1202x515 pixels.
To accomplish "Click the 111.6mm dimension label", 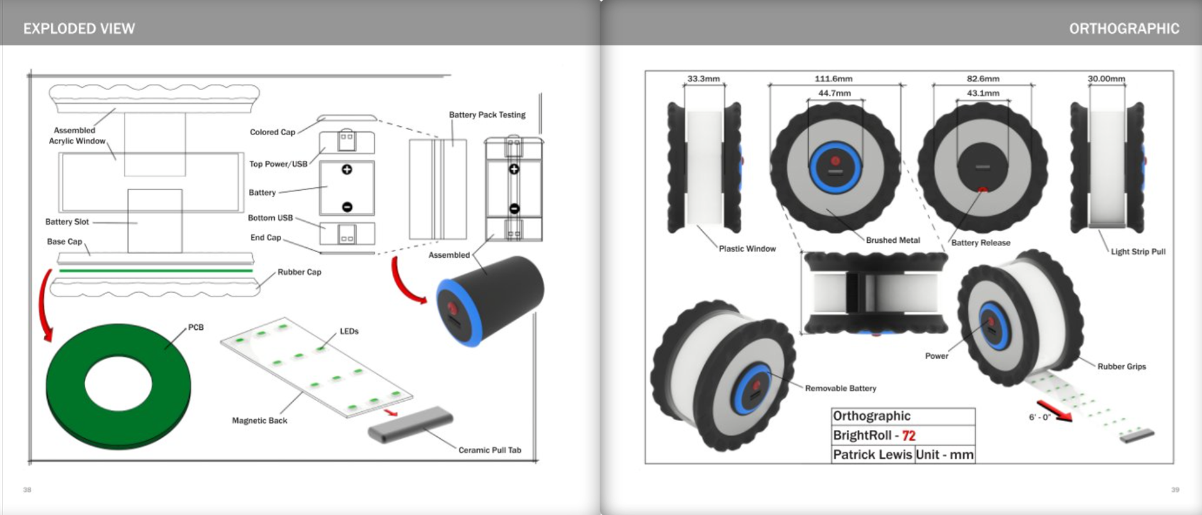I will pos(833,79).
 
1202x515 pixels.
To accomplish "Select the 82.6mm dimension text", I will pos(983,79).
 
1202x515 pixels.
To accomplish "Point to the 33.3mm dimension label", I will pos(704,79).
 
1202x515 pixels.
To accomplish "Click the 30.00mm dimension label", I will pos(1106,79).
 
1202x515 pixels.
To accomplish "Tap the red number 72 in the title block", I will pos(908,436).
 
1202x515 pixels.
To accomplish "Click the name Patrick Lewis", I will pos(872,455).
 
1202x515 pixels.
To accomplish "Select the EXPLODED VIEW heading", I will pos(79,29).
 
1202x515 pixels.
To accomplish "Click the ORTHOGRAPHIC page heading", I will pos(1124,29).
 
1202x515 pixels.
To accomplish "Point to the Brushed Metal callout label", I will pos(893,240).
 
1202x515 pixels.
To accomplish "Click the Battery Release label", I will pos(980,243).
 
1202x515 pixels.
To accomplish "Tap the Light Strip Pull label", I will pos(1138,252).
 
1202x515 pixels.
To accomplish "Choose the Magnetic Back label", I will pos(259,421).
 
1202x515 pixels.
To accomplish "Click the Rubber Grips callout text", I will pos(1121,367).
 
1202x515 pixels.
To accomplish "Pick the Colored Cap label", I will pos(272,132).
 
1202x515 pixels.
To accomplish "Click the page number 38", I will pos(27,489).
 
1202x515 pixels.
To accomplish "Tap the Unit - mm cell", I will pos(944,455).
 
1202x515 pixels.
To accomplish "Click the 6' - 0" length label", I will pos(1039,417).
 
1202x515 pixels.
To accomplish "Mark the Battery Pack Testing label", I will pos(487,115).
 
